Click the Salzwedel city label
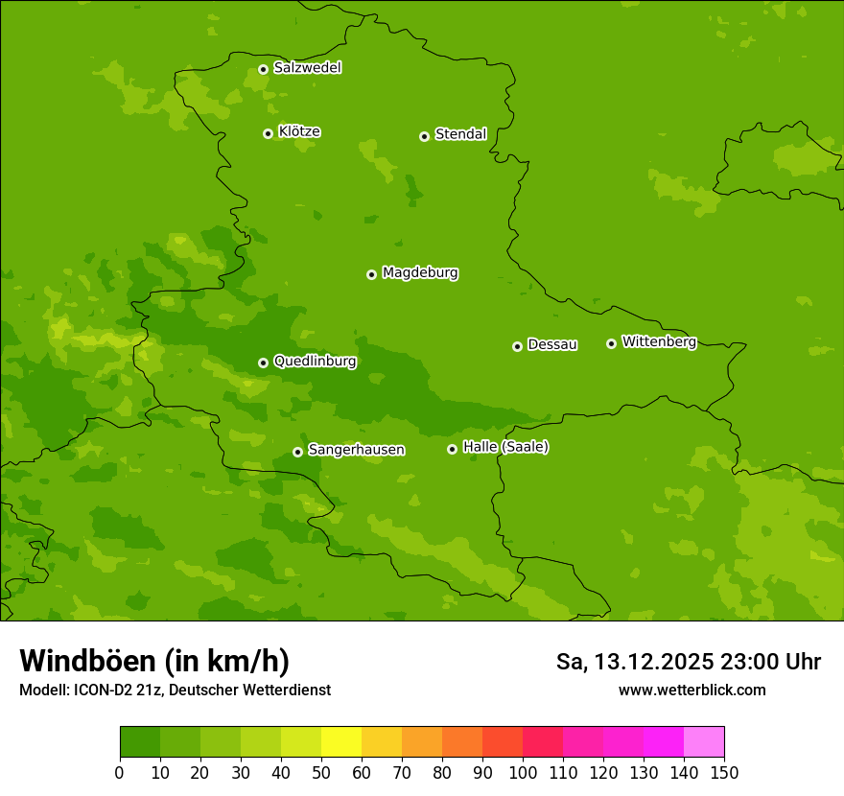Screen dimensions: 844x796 pyautogui.click(x=307, y=68)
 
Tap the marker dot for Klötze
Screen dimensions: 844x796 pyautogui.click(x=268, y=133)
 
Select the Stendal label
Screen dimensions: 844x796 pyautogui.click(x=460, y=134)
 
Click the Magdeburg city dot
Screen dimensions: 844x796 pyautogui.click(x=371, y=274)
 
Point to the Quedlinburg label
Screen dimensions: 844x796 pyautogui.click(x=315, y=362)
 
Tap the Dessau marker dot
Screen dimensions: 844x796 pyautogui.click(x=517, y=346)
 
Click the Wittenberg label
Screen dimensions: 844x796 pyautogui.click(x=659, y=341)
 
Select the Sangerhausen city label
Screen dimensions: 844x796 pyautogui.click(x=356, y=450)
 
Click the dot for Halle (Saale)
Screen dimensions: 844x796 pyautogui.click(x=452, y=449)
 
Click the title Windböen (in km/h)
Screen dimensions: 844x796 pyautogui.click(x=154, y=661)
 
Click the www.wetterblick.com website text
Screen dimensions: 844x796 pyautogui.click(x=692, y=690)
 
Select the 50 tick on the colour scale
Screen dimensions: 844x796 pyautogui.click(x=321, y=772)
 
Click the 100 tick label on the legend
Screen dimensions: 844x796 pyautogui.click(x=523, y=772)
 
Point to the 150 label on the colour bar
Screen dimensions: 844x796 pyautogui.click(x=724, y=772)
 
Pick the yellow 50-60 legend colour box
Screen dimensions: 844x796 pyautogui.click(x=341, y=742)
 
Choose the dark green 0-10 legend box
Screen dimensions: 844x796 pyautogui.click(x=140, y=742)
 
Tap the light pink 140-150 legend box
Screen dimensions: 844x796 pyautogui.click(x=704, y=742)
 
